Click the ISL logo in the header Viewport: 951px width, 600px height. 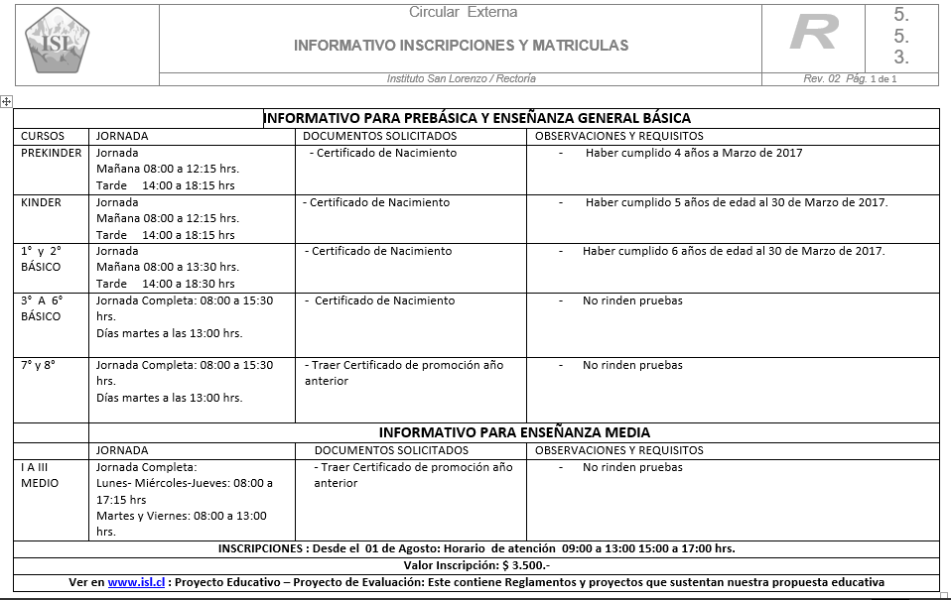[57, 41]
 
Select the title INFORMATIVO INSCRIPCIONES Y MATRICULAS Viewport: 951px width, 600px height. [461, 46]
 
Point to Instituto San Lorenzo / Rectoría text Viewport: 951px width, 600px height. [461, 79]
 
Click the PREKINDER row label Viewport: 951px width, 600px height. [52, 153]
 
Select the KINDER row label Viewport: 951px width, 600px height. [41, 202]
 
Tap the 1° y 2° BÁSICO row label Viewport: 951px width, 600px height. [41, 259]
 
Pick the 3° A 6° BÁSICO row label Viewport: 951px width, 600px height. [41, 308]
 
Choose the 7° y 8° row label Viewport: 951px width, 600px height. [38, 365]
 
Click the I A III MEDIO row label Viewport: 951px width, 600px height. [40, 475]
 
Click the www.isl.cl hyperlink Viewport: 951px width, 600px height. [136, 582]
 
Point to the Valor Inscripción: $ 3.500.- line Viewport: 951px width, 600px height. [477, 565]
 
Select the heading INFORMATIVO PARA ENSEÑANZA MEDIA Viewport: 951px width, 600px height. [514, 432]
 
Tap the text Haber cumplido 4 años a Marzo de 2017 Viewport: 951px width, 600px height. [693, 153]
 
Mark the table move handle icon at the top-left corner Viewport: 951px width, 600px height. [6, 101]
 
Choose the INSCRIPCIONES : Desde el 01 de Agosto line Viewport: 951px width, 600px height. [476, 548]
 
